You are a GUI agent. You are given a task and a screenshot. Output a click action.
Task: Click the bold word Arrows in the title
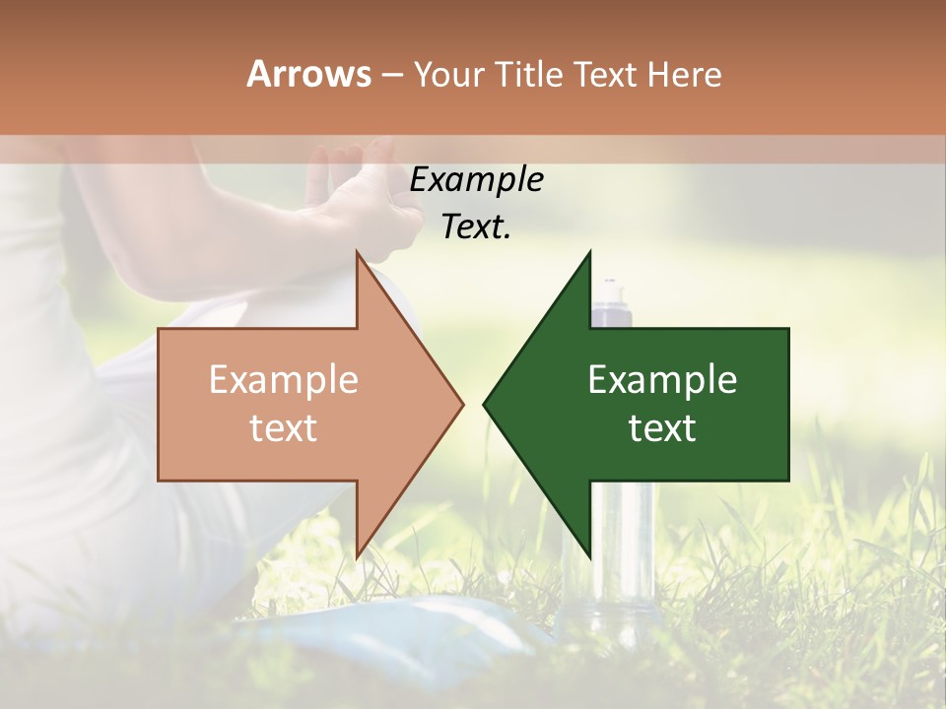pyautogui.click(x=308, y=74)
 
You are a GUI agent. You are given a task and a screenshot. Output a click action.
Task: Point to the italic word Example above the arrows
pyautogui.click(x=476, y=180)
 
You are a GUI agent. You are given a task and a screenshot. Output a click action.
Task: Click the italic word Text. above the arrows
pyautogui.click(x=476, y=227)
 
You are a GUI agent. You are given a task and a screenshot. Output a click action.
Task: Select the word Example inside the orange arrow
pyautogui.click(x=284, y=380)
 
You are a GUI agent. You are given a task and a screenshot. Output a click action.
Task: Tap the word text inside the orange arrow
pyautogui.click(x=284, y=428)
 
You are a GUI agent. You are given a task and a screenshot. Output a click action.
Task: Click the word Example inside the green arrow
pyautogui.click(x=662, y=380)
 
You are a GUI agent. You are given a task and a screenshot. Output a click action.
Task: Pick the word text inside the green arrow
pyautogui.click(x=662, y=428)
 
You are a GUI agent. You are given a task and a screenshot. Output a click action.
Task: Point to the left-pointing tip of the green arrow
pyautogui.click(x=485, y=404)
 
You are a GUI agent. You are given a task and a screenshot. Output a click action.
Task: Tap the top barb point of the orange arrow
pyautogui.click(x=358, y=254)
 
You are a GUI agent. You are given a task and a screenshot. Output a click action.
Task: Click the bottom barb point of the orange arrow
pyautogui.click(x=358, y=555)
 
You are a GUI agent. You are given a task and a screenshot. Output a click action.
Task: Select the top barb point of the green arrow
pyautogui.click(x=589, y=254)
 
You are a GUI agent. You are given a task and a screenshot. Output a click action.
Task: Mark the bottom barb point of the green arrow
pyautogui.click(x=589, y=555)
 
